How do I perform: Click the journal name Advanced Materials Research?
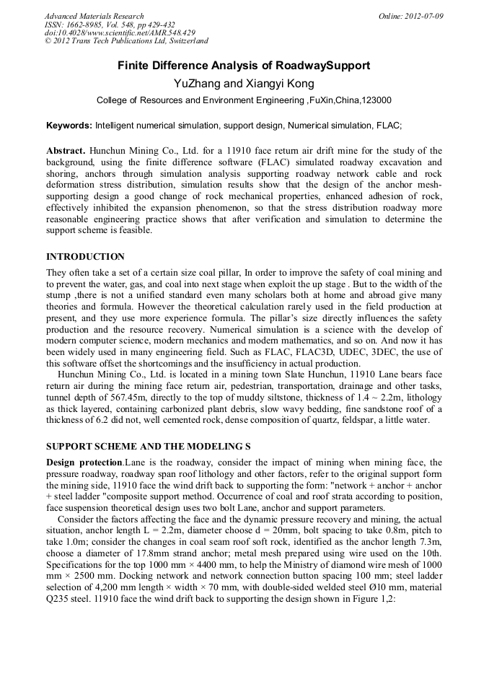click(94, 16)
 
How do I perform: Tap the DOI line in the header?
click(120, 32)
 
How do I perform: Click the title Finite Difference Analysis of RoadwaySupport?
click(244, 66)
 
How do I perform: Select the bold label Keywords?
click(69, 125)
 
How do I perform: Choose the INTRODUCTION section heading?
click(85, 257)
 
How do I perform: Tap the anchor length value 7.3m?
click(429, 540)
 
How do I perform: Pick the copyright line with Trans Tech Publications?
click(126, 41)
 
